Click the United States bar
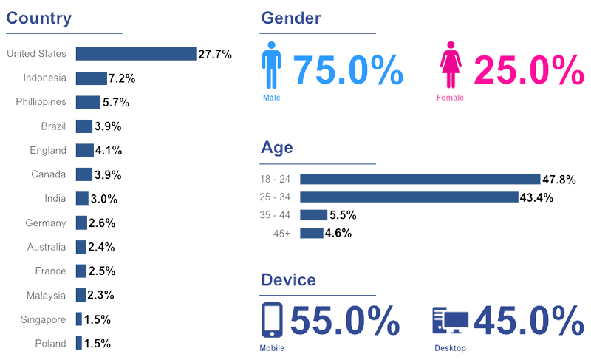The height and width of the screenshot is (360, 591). [x=135, y=54]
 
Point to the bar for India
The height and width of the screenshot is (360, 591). [x=82, y=198]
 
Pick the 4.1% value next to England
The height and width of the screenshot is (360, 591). [x=109, y=151]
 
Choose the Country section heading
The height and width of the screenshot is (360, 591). [x=39, y=18]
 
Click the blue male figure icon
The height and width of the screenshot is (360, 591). [x=273, y=67]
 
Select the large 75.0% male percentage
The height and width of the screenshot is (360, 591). [x=349, y=71]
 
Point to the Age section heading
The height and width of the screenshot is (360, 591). [x=277, y=147]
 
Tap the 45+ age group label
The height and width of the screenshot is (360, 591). [x=283, y=234]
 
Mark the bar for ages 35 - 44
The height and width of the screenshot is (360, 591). [x=314, y=215]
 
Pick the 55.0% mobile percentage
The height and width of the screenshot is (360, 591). [x=345, y=321]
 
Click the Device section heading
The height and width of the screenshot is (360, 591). [x=289, y=280]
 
